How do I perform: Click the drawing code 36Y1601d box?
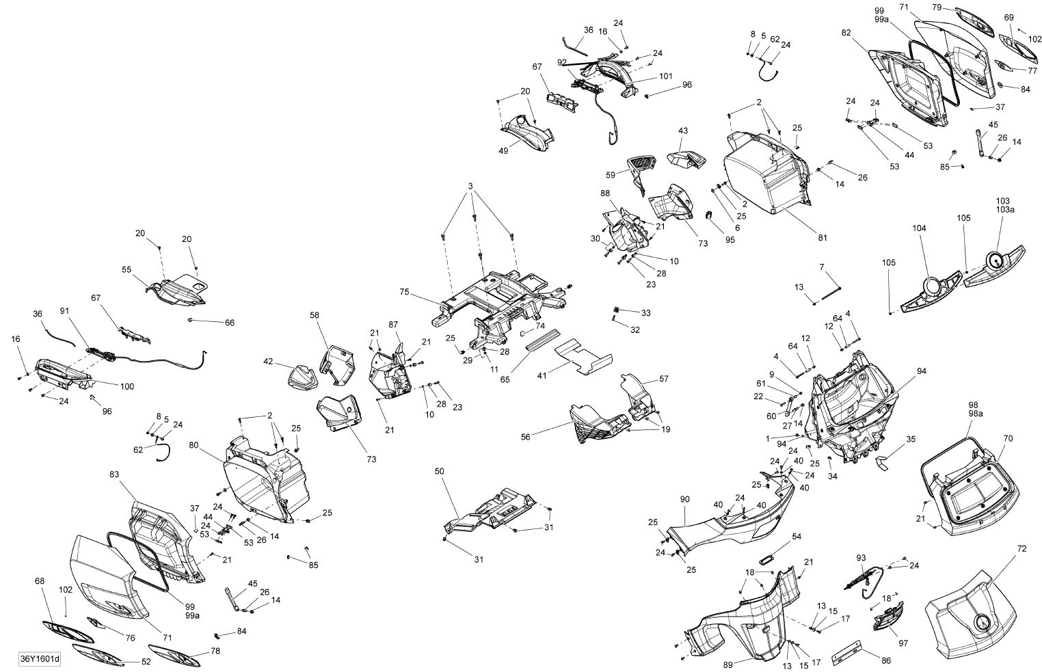click(x=40, y=659)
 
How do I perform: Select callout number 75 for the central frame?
click(x=404, y=292)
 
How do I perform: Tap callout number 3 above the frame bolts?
click(x=470, y=186)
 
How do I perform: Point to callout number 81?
click(x=823, y=238)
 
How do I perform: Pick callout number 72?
click(x=1021, y=549)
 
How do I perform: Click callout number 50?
click(x=440, y=471)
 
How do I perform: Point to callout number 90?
click(x=684, y=499)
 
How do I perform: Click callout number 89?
click(x=728, y=664)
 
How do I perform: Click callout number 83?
click(x=114, y=474)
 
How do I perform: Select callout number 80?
click(x=193, y=445)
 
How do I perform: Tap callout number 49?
click(x=503, y=150)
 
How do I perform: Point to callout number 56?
click(x=526, y=437)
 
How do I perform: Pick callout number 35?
click(x=911, y=439)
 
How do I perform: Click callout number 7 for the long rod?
click(x=822, y=267)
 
